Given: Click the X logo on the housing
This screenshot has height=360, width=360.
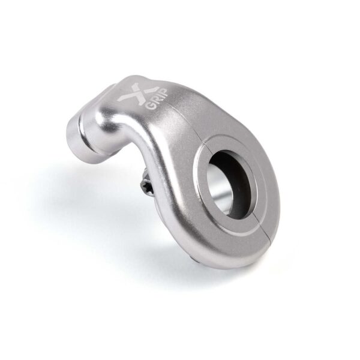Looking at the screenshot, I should pyautogui.click(x=133, y=93).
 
